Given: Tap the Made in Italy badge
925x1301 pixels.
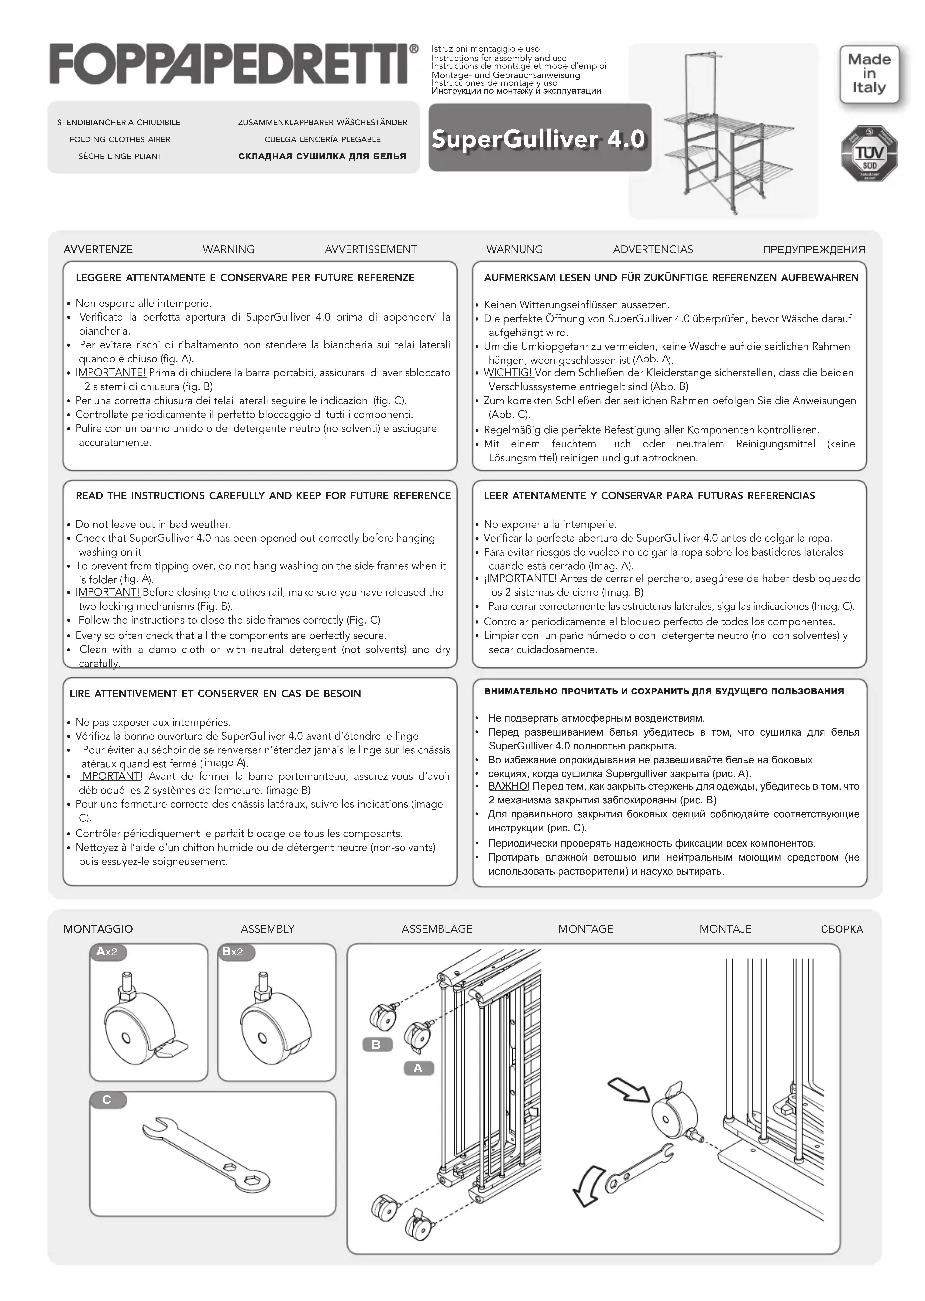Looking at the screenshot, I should click(x=869, y=74).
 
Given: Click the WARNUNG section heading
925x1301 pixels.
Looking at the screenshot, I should click(x=514, y=249).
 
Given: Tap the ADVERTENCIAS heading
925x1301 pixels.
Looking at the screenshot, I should click(x=653, y=249).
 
